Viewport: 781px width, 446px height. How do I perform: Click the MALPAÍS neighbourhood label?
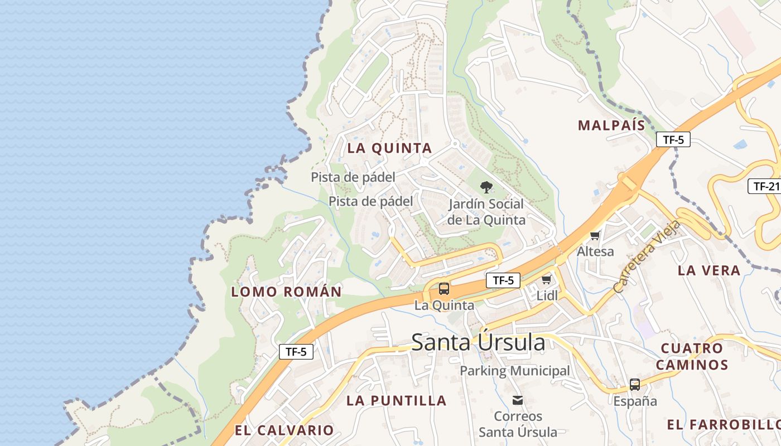[611, 125]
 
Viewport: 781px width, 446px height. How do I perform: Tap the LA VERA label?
[709, 271]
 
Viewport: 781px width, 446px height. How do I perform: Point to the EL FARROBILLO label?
[724, 425]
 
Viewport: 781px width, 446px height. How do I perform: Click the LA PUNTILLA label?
[397, 401]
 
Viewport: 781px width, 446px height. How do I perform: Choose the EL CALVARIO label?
[284, 430]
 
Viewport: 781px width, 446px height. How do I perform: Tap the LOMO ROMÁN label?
[286, 292]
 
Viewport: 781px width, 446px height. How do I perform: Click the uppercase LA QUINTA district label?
[390, 148]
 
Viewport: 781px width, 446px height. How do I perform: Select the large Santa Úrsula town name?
[478, 342]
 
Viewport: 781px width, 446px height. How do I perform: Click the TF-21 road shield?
[764, 186]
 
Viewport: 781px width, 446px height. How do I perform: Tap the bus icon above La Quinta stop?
[444, 289]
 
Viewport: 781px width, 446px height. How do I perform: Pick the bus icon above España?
[635, 384]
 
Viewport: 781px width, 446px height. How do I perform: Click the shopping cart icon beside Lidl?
[546, 279]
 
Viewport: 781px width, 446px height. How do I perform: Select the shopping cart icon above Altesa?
[595, 235]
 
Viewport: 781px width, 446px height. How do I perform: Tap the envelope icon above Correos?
[518, 400]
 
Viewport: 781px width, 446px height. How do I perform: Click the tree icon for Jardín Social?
[486, 187]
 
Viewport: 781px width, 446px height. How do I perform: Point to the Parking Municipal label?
[515, 371]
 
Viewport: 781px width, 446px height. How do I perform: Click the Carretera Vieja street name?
[647, 257]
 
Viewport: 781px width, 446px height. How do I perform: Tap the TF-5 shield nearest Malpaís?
[673, 140]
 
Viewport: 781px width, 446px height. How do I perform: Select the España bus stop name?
[635, 401]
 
